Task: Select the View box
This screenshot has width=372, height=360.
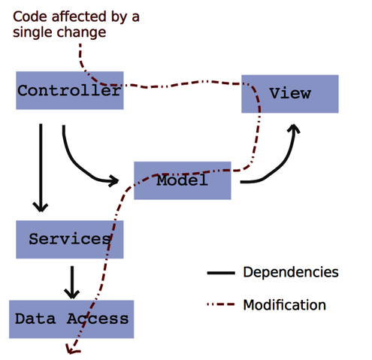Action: tap(289, 94)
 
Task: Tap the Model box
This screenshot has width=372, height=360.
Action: tap(182, 180)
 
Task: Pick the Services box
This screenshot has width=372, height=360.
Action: tap(69, 240)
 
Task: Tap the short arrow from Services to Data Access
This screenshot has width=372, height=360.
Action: tap(71, 281)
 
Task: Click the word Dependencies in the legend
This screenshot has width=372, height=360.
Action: tap(290, 271)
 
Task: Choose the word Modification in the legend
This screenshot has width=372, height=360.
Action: tap(284, 305)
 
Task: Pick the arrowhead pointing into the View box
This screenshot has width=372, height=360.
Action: tap(294, 130)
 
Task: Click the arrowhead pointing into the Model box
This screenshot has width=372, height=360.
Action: tap(114, 180)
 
